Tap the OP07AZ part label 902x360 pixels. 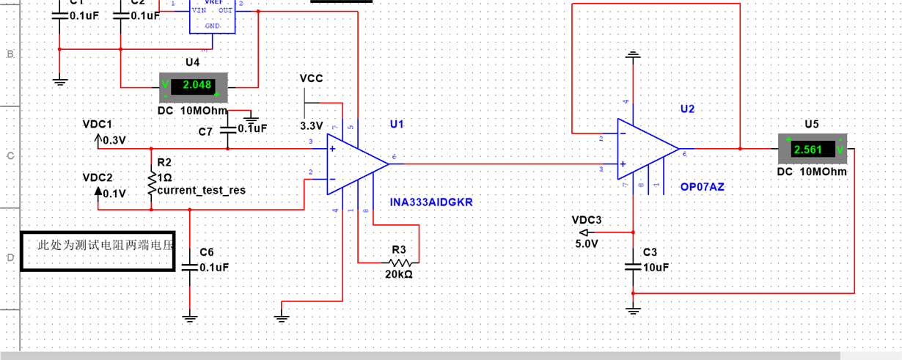(x=702, y=187)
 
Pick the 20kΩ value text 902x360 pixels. (x=398, y=274)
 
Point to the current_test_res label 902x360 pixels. (x=201, y=190)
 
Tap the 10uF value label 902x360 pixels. (x=656, y=268)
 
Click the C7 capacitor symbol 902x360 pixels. (x=227, y=128)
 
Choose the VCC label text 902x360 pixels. (x=311, y=78)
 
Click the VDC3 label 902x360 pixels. (x=586, y=219)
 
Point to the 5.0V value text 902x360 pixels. (x=587, y=243)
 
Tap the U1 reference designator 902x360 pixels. (x=397, y=124)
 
